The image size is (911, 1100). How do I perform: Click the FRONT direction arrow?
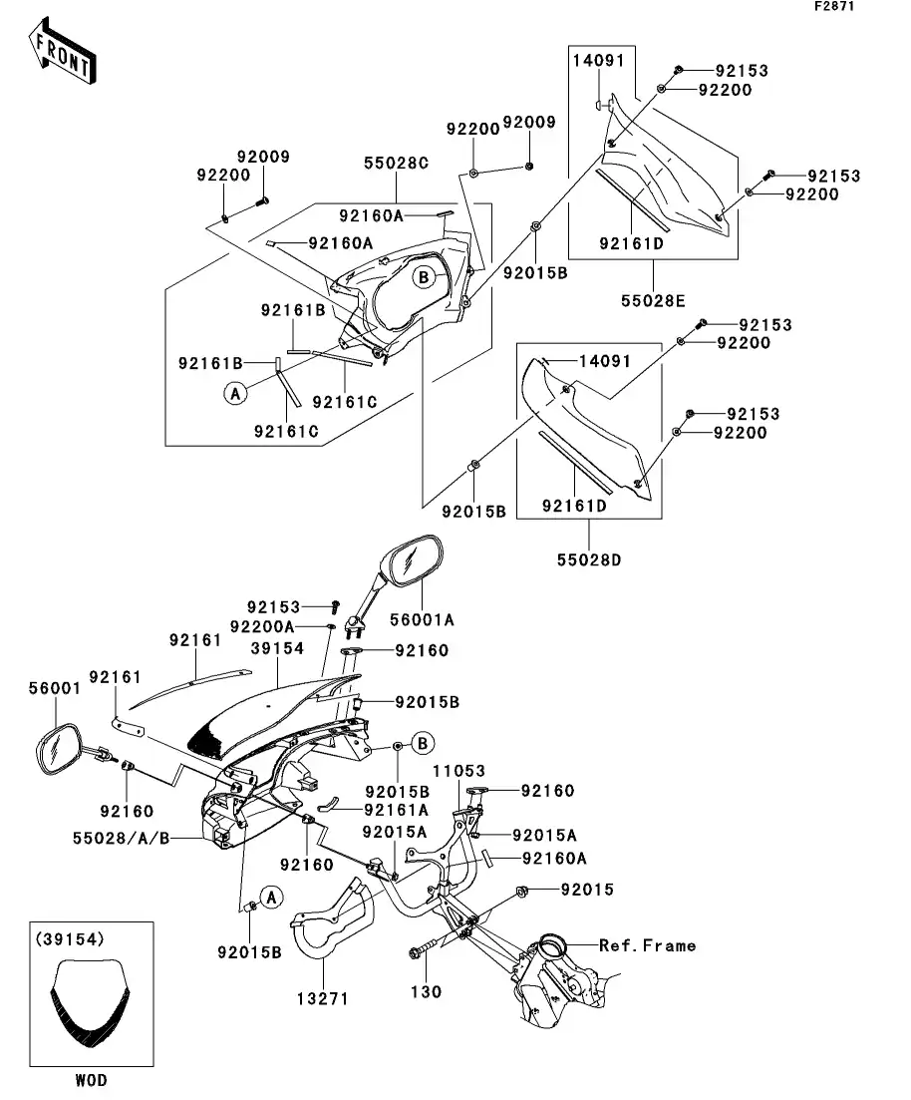pos(63,55)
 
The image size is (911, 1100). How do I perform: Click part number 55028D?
pos(588,559)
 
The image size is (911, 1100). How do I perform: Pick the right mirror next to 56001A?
pos(410,562)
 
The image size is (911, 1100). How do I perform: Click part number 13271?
pos(321,997)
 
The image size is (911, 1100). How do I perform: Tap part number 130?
pos(428,992)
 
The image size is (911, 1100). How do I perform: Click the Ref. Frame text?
pos(647,944)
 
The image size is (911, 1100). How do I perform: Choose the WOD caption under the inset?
pos(90,1080)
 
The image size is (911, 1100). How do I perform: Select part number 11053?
pos(458,772)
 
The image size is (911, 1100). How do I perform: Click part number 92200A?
pos(261,626)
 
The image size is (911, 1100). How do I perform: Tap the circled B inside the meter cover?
pos(424,276)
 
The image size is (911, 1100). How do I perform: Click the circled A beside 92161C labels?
pos(235,394)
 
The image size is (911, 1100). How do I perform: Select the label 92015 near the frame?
pos(587,889)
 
